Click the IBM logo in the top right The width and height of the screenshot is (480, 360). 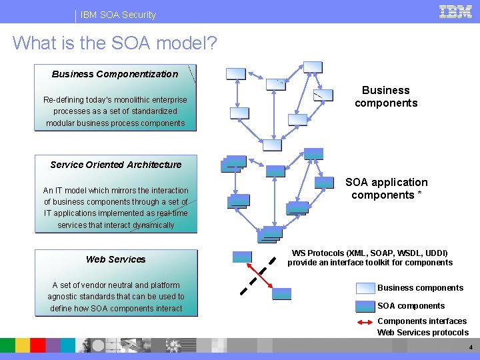click(455, 11)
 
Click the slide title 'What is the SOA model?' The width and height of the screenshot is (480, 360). click(115, 43)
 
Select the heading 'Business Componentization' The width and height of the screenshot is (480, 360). click(115, 74)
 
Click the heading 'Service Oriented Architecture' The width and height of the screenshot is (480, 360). click(115, 165)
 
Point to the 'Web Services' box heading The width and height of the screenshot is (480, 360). click(115, 259)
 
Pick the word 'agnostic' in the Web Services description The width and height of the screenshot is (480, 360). click(64, 297)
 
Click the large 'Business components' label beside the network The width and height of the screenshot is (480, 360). click(386, 97)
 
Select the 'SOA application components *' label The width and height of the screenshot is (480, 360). click(386, 189)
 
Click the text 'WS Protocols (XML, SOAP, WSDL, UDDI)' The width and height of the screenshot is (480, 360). click(370, 253)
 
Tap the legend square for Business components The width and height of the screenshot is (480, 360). click(365, 288)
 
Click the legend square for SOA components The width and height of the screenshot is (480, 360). click(365, 306)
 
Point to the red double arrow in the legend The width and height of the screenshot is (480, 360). click(365, 322)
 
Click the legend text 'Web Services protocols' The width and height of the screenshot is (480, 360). click(423, 333)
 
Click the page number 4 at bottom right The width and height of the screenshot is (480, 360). click(471, 347)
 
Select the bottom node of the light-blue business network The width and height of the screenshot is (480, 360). click(272, 145)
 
